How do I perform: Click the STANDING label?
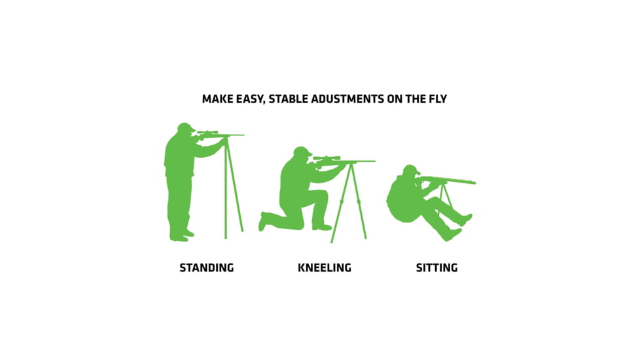pyautogui.click(x=206, y=268)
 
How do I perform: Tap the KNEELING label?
pyautogui.click(x=324, y=268)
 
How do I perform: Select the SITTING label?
pyautogui.click(x=436, y=268)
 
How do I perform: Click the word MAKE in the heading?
pyautogui.click(x=216, y=99)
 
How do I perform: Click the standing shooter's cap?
pyautogui.click(x=185, y=126)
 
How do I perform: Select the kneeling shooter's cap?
pyautogui.click(x=302, y=151)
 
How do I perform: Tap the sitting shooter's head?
pyautogui.click(x=410, y=171)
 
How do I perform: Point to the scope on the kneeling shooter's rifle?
pyautogui.click(x=326, y=158)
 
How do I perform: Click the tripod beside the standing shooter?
pyautogui.click(x=232, y=190)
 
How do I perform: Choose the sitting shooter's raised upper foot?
pyautogui.click(x=467, y=219)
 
